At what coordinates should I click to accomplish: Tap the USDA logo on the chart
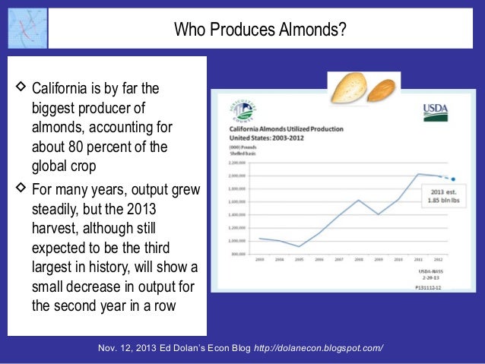click(x=436, y=112)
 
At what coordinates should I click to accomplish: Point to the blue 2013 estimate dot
click(x=453, y=180)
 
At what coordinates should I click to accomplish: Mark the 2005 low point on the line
click(x=299, y=246)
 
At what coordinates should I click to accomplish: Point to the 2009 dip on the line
click(x=379, y=215)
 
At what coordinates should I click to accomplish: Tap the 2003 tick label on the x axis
click(x=259, y=260)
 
